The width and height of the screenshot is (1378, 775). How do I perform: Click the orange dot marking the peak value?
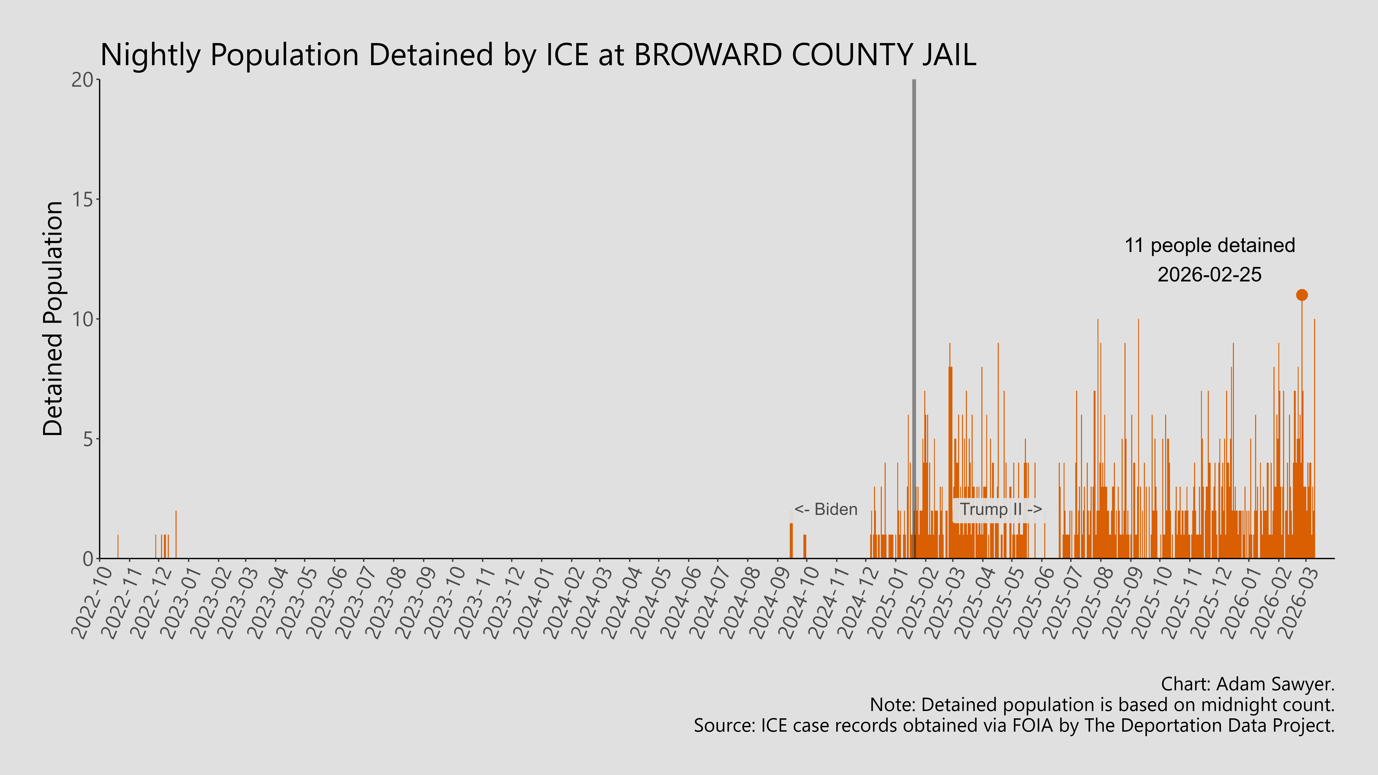click(1301, 295)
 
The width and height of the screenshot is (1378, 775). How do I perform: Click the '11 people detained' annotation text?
click(1209, 246)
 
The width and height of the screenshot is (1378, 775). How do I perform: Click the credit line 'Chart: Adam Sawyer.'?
click(1248, 684)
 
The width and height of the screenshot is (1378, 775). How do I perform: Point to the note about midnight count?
click(1102, 705)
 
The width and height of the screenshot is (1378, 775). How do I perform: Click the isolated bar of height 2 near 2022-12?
click(176, 535)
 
